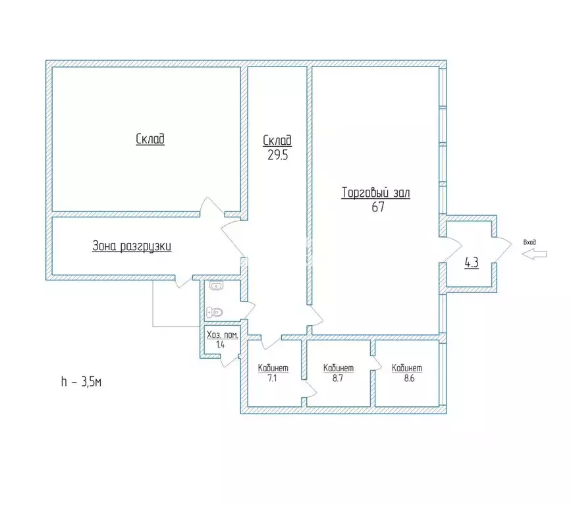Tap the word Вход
[x=530, y=242]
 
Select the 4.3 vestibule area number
[x=472, y=263]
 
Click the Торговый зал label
[x=376, y=193]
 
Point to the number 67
[x=378, y=207]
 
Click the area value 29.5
[x=278, y=155]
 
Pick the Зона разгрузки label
[x=132, y=246]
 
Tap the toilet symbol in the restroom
[x=215, y=312]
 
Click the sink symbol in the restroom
[x=216, y=286]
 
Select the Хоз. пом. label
[x=223, y=335]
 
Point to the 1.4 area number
[x=221, y=345]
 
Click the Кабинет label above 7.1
[x=273, y=368]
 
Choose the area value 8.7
[x=338, y=378]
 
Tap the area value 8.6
[x=409, y=378]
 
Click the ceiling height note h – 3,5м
[x=81, y=382]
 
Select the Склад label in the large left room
[x=150, y=139]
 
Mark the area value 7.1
[x=273, y=378]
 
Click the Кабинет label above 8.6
[x=407, y=368]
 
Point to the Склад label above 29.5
[x=277, y=140]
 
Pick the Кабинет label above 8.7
[x=339, y=368]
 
